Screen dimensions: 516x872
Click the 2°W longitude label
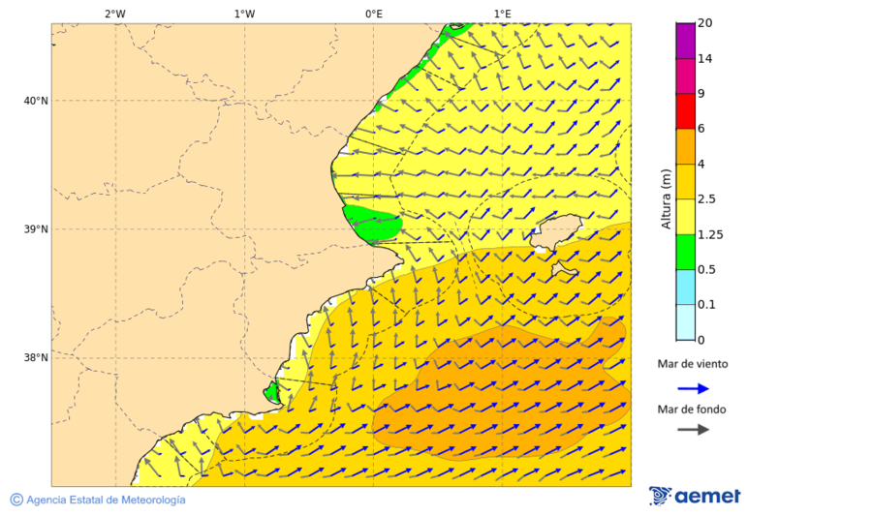(x=114, y=14)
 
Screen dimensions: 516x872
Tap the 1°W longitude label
(x=244, y=14)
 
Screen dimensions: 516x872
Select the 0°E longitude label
(x=373, y=14)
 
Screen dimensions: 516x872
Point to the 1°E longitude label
(x=502, y=14)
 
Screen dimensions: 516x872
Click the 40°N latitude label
(x=36, y=101)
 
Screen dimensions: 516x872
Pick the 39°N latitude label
(x=36, y=229)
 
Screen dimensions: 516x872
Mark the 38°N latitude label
(x=36, y=358)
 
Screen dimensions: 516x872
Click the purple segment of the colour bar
(x=685, y=41)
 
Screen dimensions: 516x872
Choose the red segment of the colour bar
(x=685, y=111)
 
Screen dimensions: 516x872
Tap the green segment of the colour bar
(x=685, y=252)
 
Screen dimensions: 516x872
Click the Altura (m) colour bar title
(x=666, y=198)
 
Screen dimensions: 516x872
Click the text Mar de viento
(x=692, y=364)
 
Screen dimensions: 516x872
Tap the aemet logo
(x=695, y=496)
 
